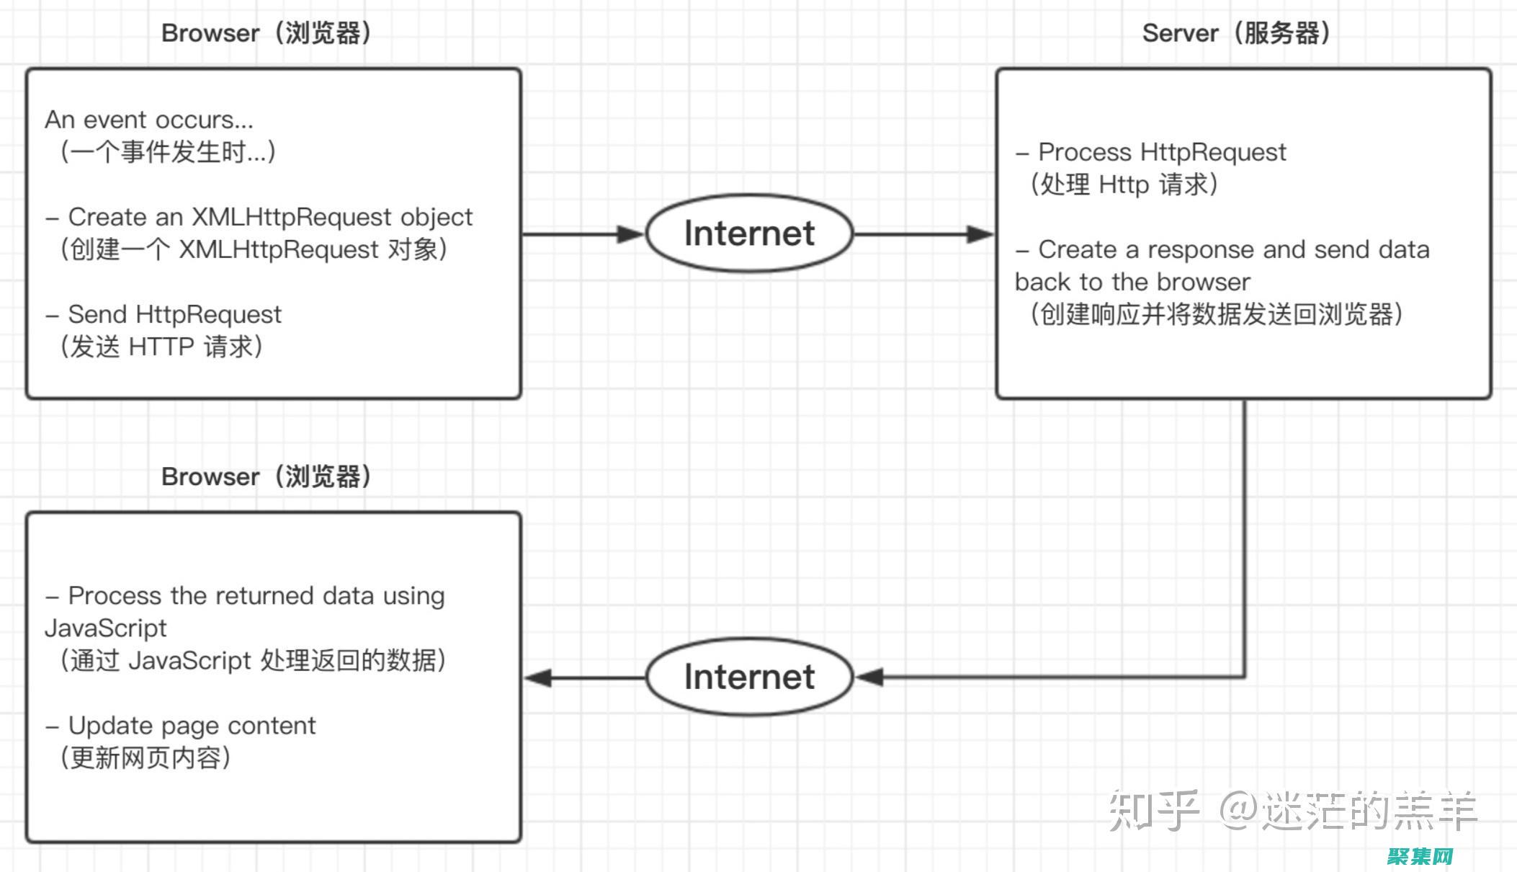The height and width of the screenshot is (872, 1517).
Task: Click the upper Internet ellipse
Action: click(x=749, y=233)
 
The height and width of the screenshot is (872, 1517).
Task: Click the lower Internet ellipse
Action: click(x=749, y=677)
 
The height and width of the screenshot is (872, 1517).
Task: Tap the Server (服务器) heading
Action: click(x=1236, y=33)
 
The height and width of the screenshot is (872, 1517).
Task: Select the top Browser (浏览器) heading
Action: click(x=267, y=33)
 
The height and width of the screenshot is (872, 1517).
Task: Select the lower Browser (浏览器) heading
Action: click(x=267, y=476)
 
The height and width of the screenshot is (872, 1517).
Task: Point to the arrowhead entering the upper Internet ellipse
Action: click(x=630, y=233)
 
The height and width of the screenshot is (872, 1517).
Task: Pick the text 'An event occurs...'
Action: click(x=149, y=120)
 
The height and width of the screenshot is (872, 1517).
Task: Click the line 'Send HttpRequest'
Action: click(x=174, y=314)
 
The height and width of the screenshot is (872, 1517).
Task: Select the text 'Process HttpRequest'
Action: click(x=1161, y=152)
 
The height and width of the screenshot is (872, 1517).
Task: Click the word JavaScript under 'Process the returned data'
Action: click(x=106, y=628)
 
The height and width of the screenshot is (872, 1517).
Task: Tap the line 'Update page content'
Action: click(x=192, y=725)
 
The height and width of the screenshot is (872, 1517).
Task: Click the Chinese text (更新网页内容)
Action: click(x=146, y=757)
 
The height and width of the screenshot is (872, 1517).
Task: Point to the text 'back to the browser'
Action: click(x=1132, y=282)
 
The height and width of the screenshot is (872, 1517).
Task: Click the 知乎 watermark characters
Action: click(x=1153, y=811)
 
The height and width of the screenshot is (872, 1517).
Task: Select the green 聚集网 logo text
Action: click(x=1420, y=856)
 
